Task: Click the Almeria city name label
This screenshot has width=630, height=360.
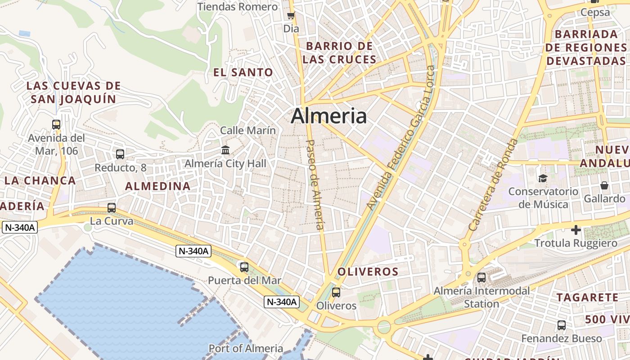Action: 328,116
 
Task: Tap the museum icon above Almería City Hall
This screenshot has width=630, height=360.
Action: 225,149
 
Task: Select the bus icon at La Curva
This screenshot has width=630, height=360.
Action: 112,208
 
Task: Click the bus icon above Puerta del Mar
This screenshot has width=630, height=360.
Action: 244,267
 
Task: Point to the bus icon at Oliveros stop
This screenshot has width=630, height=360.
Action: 336,292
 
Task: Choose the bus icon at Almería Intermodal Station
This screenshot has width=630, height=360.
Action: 481,278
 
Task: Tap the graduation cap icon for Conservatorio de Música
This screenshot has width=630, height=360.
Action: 543,179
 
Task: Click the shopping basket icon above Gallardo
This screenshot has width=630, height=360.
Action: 604,185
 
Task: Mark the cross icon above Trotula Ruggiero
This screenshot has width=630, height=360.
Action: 576,230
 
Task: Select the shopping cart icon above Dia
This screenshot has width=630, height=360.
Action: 291,16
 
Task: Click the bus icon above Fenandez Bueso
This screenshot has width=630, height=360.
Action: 562,325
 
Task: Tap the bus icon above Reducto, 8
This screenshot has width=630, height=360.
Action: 120,154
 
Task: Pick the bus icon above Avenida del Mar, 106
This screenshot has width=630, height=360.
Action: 56,125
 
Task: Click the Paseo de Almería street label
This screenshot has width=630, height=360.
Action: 315,184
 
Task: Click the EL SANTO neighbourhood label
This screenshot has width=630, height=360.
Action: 243,72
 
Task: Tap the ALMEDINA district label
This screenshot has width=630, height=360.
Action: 157,186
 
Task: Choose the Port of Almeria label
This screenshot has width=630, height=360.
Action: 246,348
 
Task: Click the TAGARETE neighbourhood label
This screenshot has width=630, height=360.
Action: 587,297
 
